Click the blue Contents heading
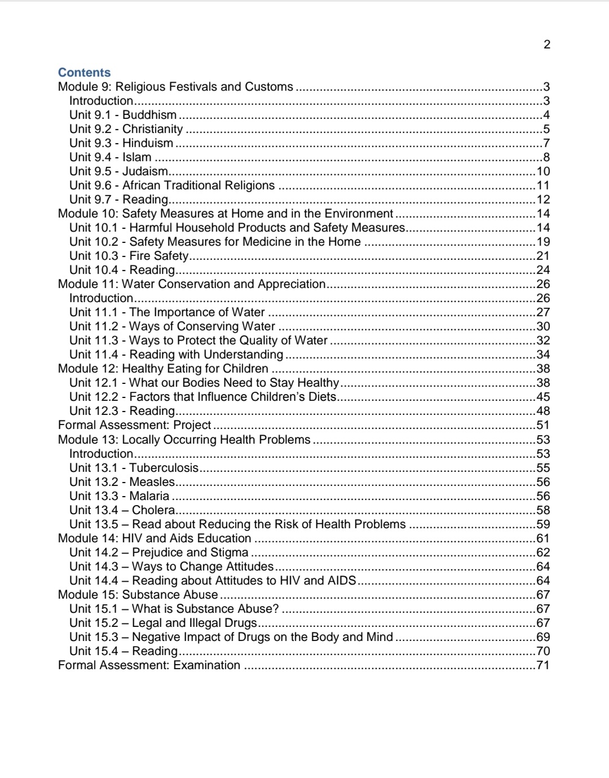click(x=84, y=72)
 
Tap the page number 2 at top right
click(x=546, y=45)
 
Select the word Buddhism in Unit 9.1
click(x=149, y=115)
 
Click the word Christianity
click(x=153, y=129)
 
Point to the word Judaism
click(x=145, y=171)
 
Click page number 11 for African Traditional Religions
click(x=543, y=185)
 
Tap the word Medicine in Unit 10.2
click(x=265, y=242)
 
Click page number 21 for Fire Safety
click(x=543, y=256)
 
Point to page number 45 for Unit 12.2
click(x=543, y=397)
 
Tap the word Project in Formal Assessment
click(x=192, y=425)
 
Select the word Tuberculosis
click(x=164, y=468)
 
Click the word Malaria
click(x=149, y=496)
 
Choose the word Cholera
click(x=153, y=510)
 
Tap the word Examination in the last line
click(x=206, y=665)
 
